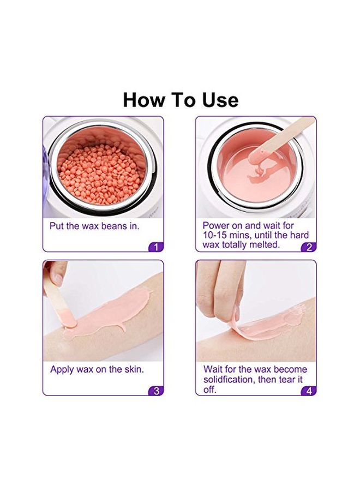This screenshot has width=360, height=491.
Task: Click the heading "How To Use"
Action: pyautogui.click(x=181, y=100)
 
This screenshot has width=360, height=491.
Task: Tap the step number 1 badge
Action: pyautogui.click(x=156, y=247)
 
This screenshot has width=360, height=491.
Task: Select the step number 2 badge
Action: pyautogui.click(x=309, y=247)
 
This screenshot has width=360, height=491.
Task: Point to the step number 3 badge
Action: pyautogui.click(x=156, y=391)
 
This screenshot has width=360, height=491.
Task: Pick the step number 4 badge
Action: pyautogui.click(x=309, y=391)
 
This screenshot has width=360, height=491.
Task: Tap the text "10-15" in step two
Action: pyautogui.click(x=214, y=235)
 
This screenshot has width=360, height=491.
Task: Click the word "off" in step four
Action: pyautogui.click(x=210, y=390)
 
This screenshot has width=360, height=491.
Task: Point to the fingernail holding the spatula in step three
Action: pyautogui.click(x=57, y=279)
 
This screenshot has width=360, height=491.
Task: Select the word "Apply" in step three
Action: pyautogui.click(x=62, y=370)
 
